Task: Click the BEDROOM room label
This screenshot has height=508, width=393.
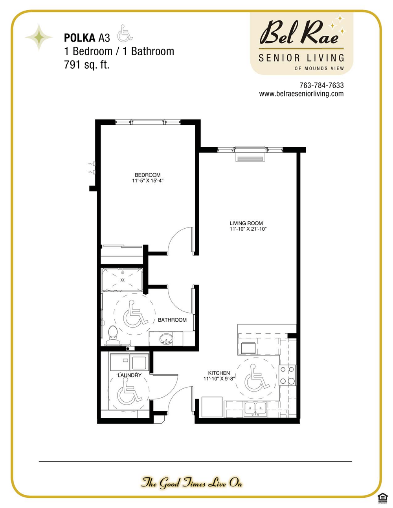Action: coord(147,175)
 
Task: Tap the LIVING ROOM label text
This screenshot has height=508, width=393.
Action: coord(246,223)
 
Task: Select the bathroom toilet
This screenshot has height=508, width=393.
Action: coord(113,333)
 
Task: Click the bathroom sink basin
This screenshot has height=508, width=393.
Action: coord(166,338)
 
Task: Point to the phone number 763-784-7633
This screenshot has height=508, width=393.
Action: coord(321,86)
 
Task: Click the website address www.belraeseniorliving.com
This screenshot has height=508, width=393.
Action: coord(301,94)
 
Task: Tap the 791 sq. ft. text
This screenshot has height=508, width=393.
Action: coord(87,65)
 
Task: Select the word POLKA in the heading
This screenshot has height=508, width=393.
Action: coord(80,38)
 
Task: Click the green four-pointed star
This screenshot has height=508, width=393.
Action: coord(39,37)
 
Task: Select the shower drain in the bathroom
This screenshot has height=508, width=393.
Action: coord(122,280)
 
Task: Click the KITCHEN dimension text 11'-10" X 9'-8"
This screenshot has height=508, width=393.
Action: coord(219,379)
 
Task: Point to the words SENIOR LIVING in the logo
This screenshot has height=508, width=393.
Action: coord(301,58)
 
